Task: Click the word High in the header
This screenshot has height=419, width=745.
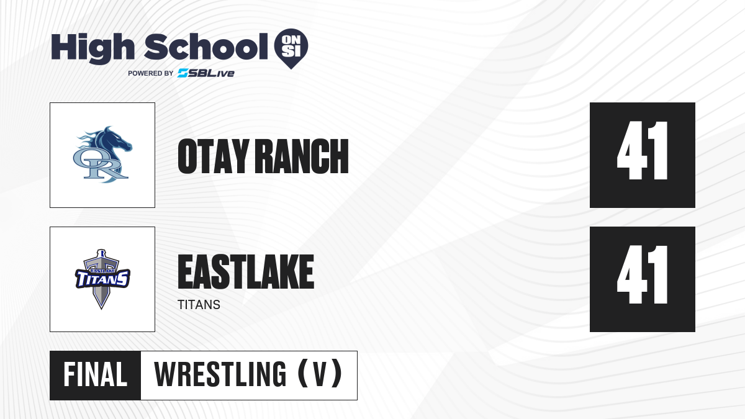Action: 93,48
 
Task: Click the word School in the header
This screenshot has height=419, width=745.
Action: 206,47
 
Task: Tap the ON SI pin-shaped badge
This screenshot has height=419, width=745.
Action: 291,48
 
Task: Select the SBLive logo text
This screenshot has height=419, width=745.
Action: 206,73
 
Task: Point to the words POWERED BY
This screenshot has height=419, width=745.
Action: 151,73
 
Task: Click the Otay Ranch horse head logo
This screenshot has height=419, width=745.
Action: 103,155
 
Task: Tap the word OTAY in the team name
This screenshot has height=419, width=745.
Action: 214,156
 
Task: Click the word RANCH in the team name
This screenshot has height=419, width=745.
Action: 304,156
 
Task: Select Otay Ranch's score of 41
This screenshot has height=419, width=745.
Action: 643,151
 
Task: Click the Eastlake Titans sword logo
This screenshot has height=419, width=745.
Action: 102,279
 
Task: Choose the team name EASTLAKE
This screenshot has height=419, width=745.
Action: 246,272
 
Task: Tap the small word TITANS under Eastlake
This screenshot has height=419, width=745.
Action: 199,305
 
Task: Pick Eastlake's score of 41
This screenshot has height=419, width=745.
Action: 643,274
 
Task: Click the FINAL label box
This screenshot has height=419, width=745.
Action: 96,376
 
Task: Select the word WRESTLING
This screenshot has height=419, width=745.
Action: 220,374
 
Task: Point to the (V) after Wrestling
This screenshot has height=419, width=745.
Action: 320,374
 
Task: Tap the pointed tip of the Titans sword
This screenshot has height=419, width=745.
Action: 101,309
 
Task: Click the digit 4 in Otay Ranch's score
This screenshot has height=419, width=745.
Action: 632,151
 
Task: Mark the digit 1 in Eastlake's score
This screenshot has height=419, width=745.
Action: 660,274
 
